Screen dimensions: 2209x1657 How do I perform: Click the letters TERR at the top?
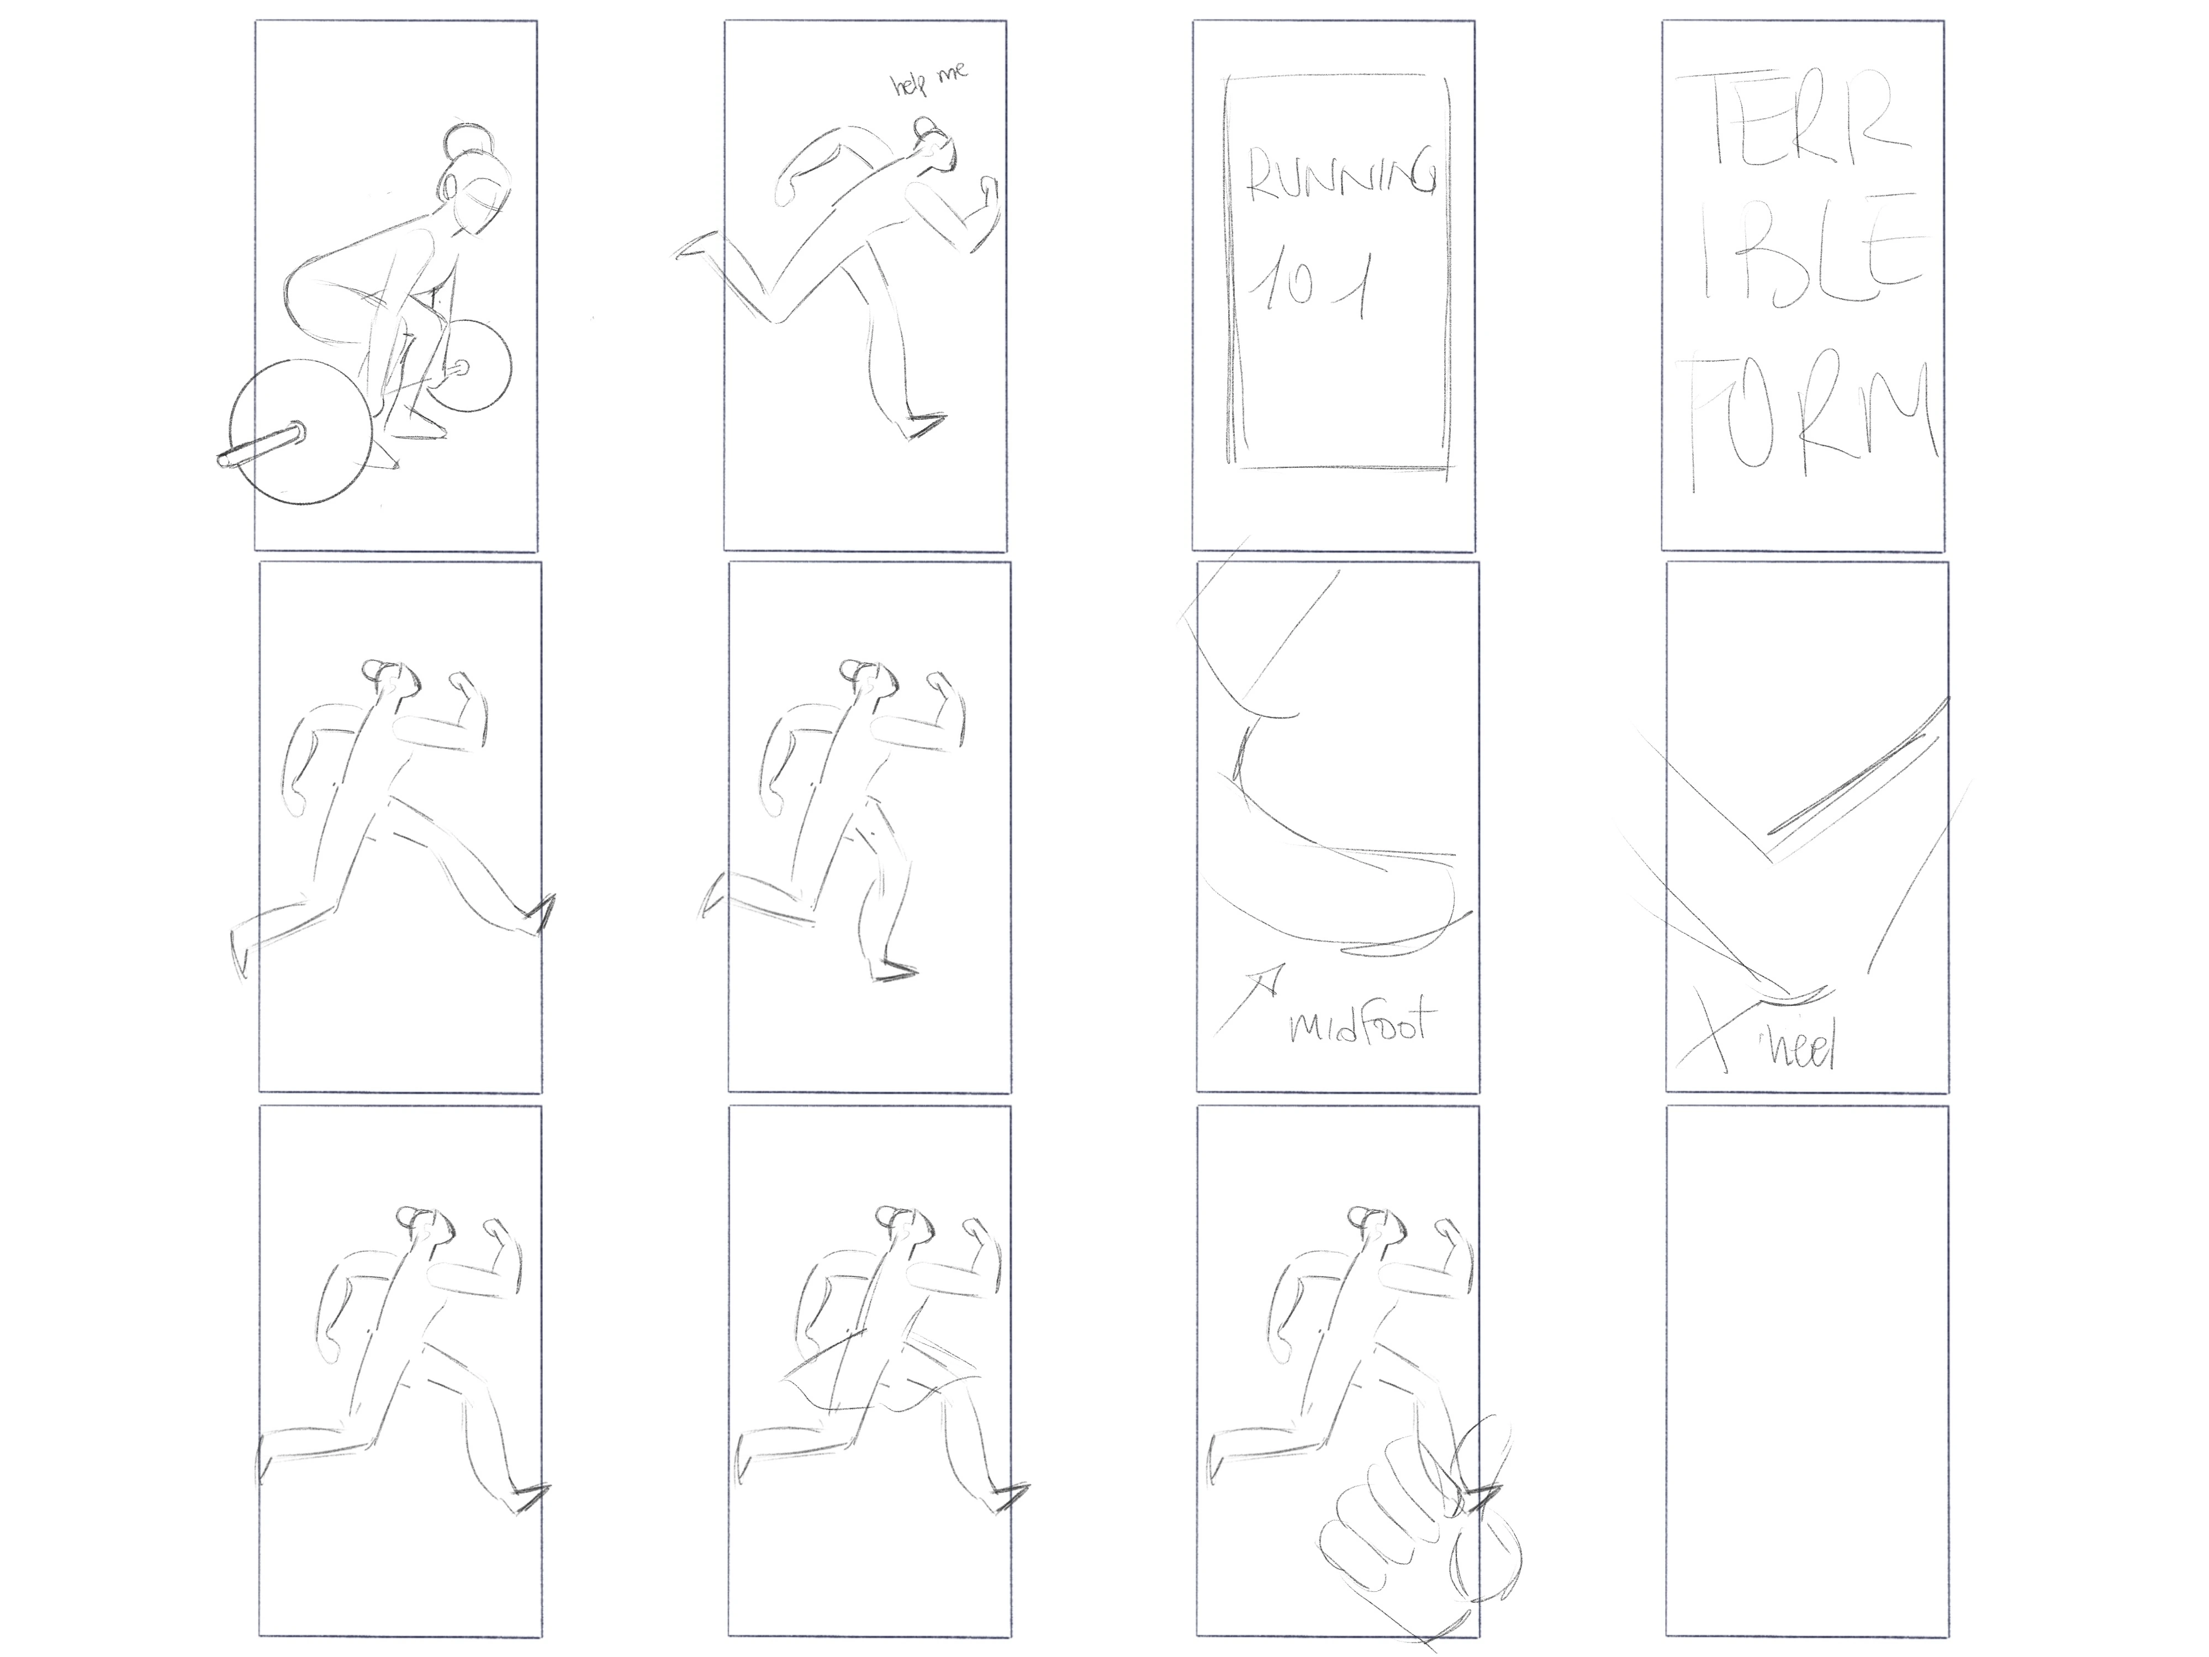pos(1803,120)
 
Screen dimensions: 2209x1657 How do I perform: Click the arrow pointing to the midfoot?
pos(1248,998)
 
